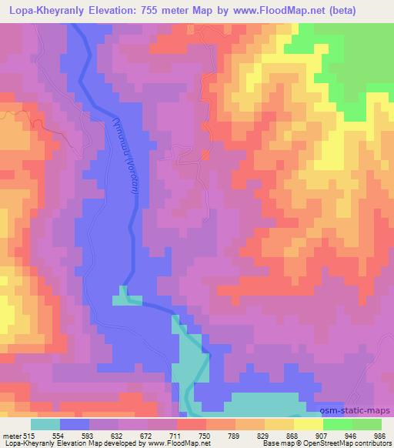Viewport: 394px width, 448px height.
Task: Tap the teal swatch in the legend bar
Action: point(45,424)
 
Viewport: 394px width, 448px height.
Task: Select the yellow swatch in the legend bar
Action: point(308,424)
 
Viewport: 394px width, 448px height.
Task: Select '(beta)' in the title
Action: point(370,10)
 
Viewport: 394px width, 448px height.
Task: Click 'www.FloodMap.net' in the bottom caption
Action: point(169,444)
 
